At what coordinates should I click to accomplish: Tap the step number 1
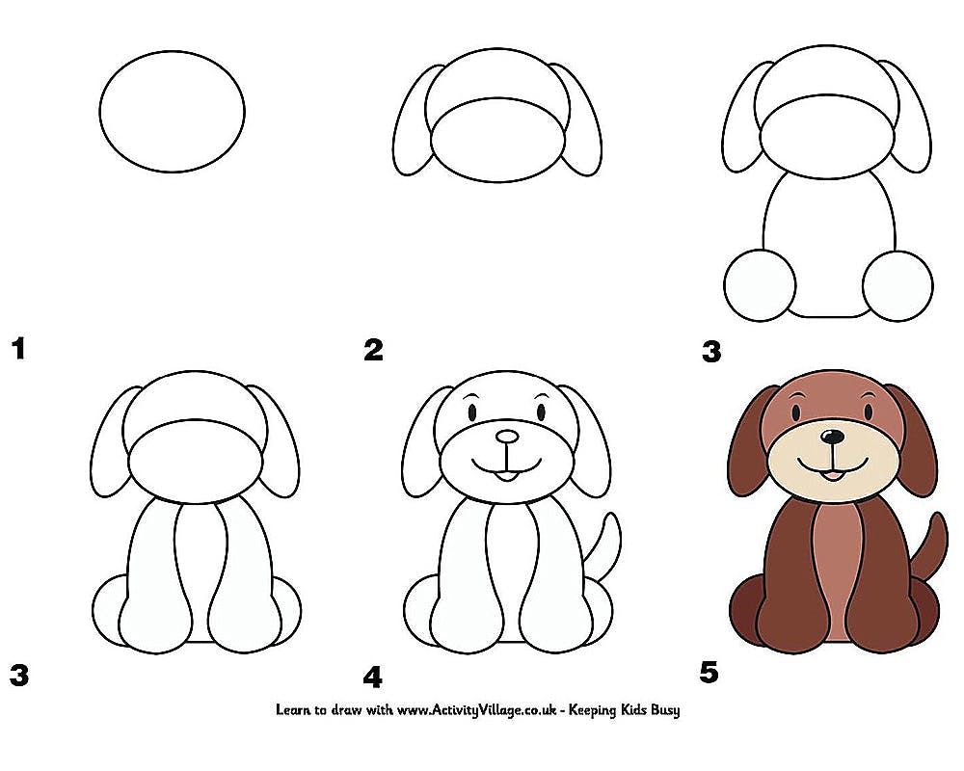(19, 349)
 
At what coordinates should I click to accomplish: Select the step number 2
(373, 350)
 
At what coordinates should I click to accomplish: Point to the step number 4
(372, 678)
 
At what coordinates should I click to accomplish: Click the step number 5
(709, 672)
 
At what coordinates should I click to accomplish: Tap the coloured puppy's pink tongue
(831, 475)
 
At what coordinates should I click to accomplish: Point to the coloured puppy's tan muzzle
(833, 459)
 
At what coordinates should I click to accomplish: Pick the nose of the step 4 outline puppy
(507, 437)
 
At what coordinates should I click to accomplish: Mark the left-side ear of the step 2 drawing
(416, 120)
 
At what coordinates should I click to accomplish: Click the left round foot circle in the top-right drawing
(760, 285)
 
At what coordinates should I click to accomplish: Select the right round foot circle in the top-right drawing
(897, 285)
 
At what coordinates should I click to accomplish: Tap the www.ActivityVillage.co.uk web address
(476, 710)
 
